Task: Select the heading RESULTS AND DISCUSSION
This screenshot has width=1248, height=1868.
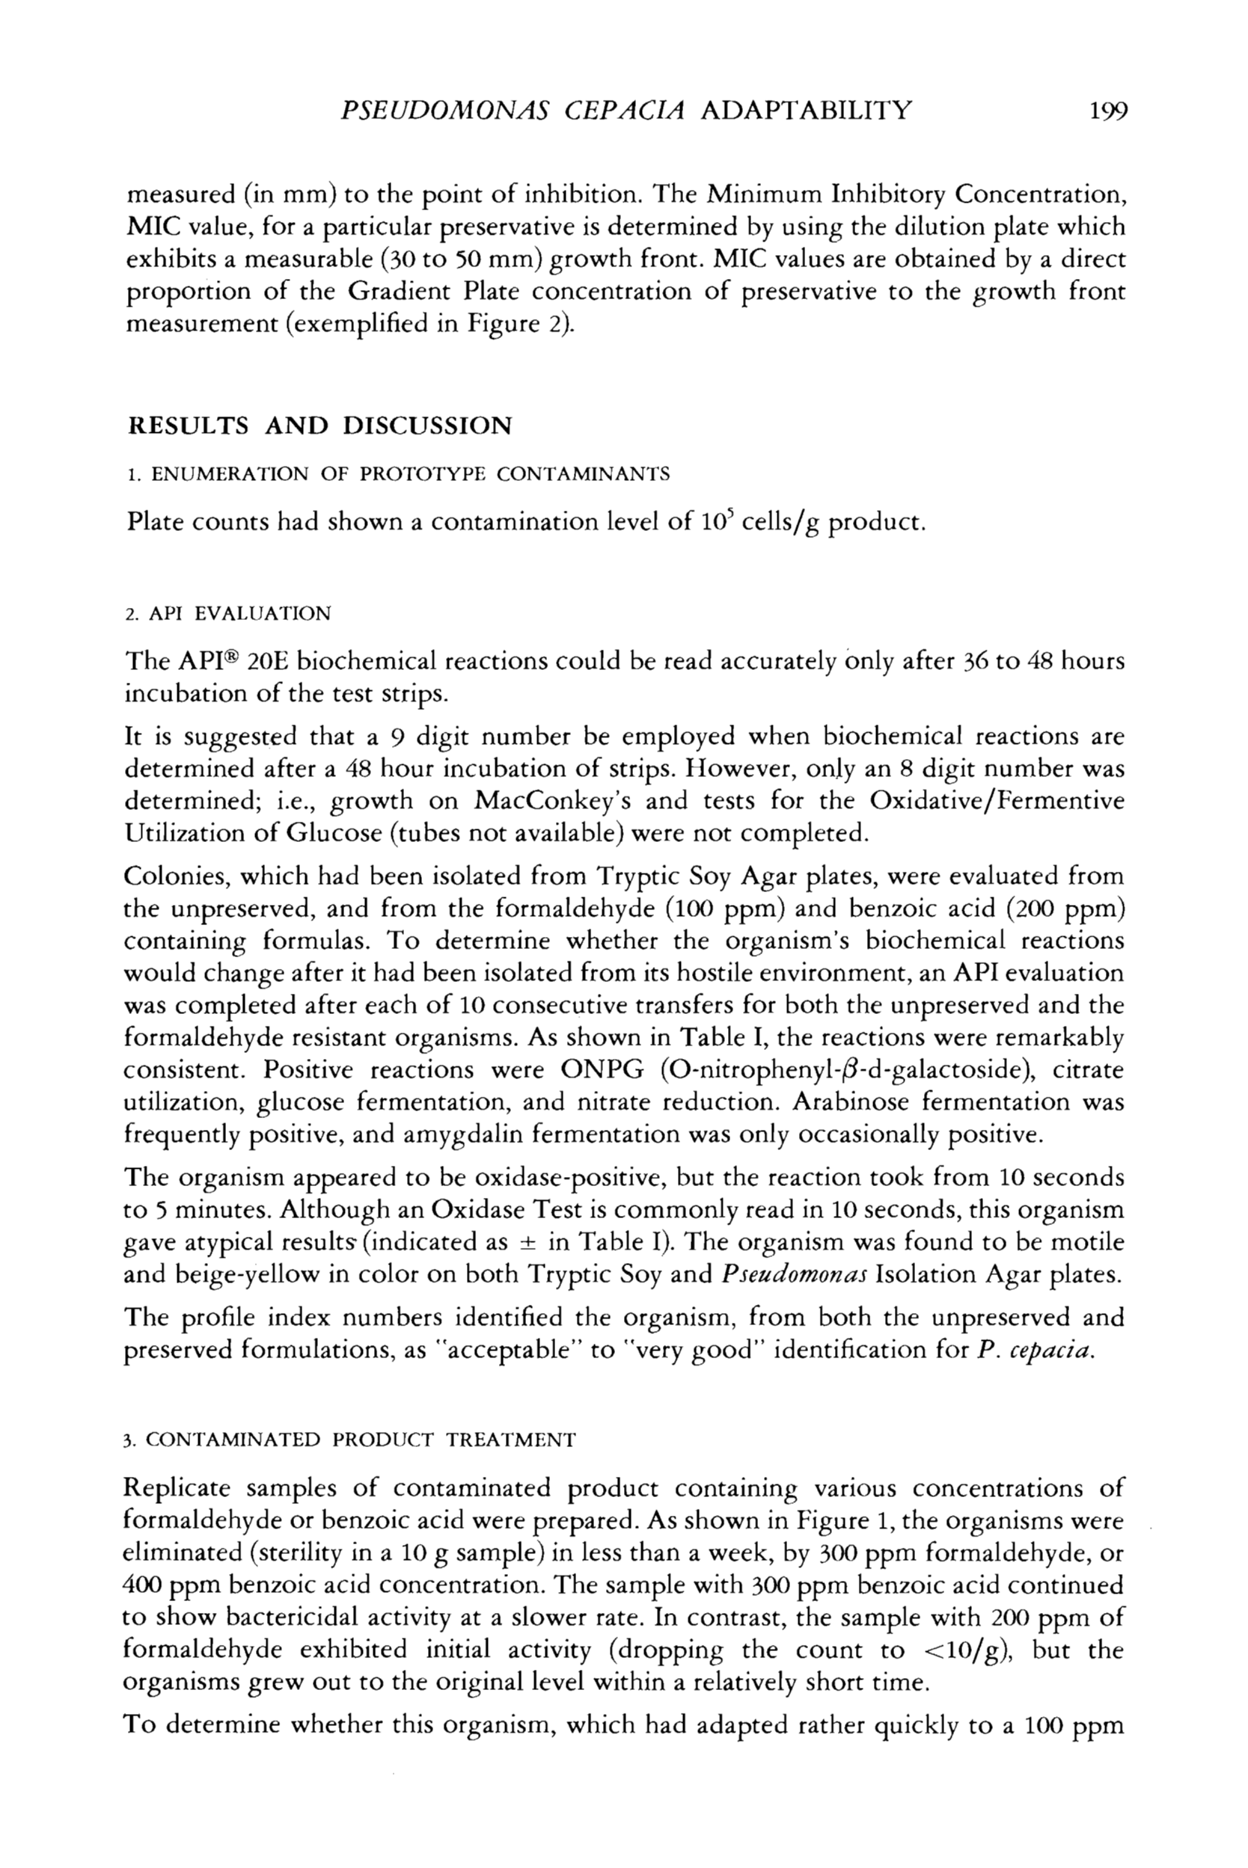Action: (x=320, y=425)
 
